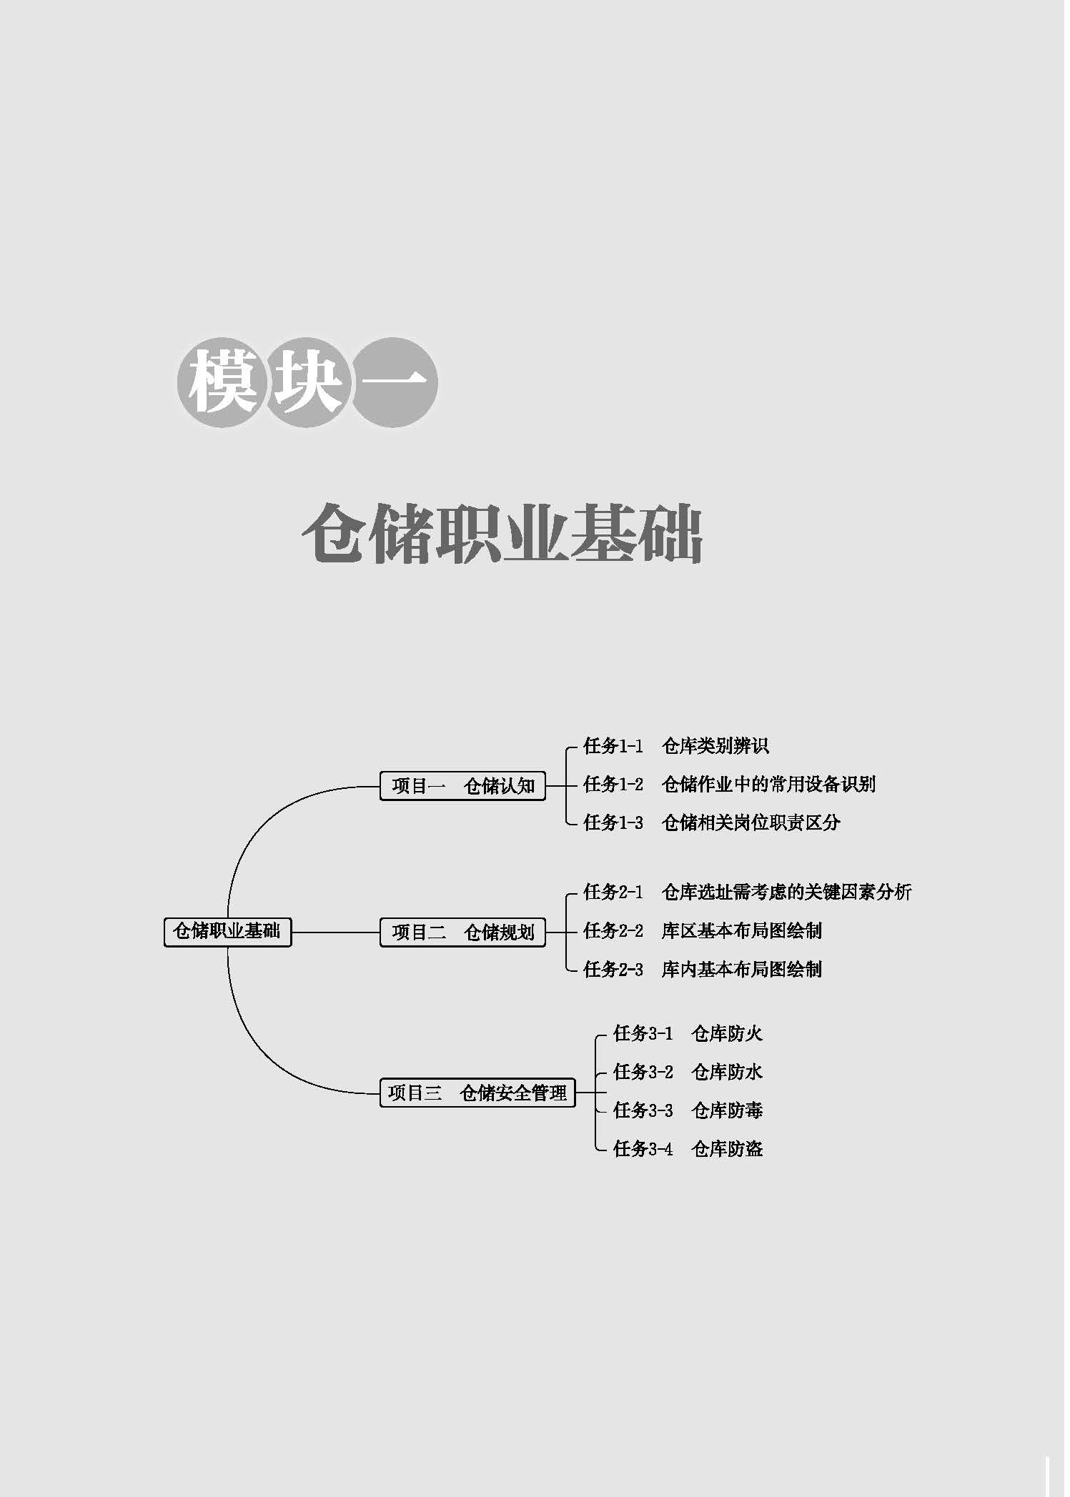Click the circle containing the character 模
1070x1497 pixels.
coord(222,383)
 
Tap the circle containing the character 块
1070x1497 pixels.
coord(308,383)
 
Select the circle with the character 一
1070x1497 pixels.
coord(395,383)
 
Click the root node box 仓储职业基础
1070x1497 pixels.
coord(227,932)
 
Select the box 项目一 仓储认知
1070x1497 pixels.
coord(462,786)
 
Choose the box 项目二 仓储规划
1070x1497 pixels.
coord(462,932)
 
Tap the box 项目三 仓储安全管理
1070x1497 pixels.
coord(477,1093)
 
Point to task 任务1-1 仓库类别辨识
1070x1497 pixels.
coord(675,746)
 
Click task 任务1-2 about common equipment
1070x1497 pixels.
coord(729,785)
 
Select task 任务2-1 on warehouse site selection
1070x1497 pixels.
coord(747,892)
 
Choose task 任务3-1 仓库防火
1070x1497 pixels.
coord(688,1033)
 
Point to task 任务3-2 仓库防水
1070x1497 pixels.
coord(688,1072)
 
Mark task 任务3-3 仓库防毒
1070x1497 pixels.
coord(688,1110)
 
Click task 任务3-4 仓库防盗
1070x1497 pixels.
coord(688,1149)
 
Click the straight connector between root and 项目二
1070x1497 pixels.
coord(335,932)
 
